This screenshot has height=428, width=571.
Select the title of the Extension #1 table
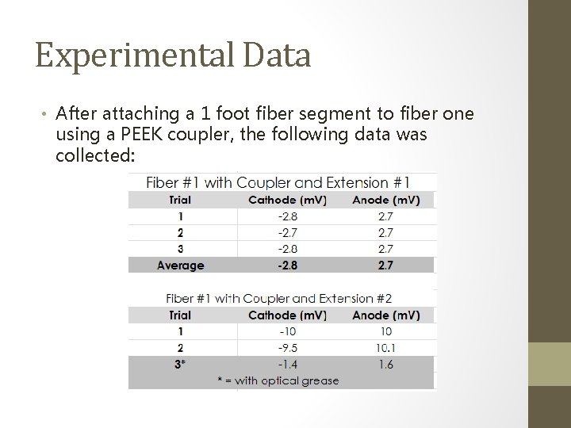(x=278, y=182)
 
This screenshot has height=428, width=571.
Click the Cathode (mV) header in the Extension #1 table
(x=287, y=200)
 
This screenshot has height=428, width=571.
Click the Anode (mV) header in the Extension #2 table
(x=385, y=315)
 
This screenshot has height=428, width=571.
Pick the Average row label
(x=181, y=266)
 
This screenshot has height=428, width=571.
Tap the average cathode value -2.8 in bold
(x=287, y=266)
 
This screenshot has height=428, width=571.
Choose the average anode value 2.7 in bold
(x=385, y=266)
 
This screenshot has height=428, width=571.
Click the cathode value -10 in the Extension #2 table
(x=287, y=331)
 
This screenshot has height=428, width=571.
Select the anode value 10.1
(x=385, y=348)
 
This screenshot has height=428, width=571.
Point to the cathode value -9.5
(x=287, y=348)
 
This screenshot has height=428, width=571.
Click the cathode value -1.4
(x=287, y=365)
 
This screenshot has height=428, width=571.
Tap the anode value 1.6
(x=385, y=365)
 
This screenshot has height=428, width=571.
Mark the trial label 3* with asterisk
(x=181, y=365)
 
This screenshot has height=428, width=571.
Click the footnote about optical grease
(x=278, y=380)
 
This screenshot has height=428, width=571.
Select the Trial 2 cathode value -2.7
(x=287, y=232)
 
